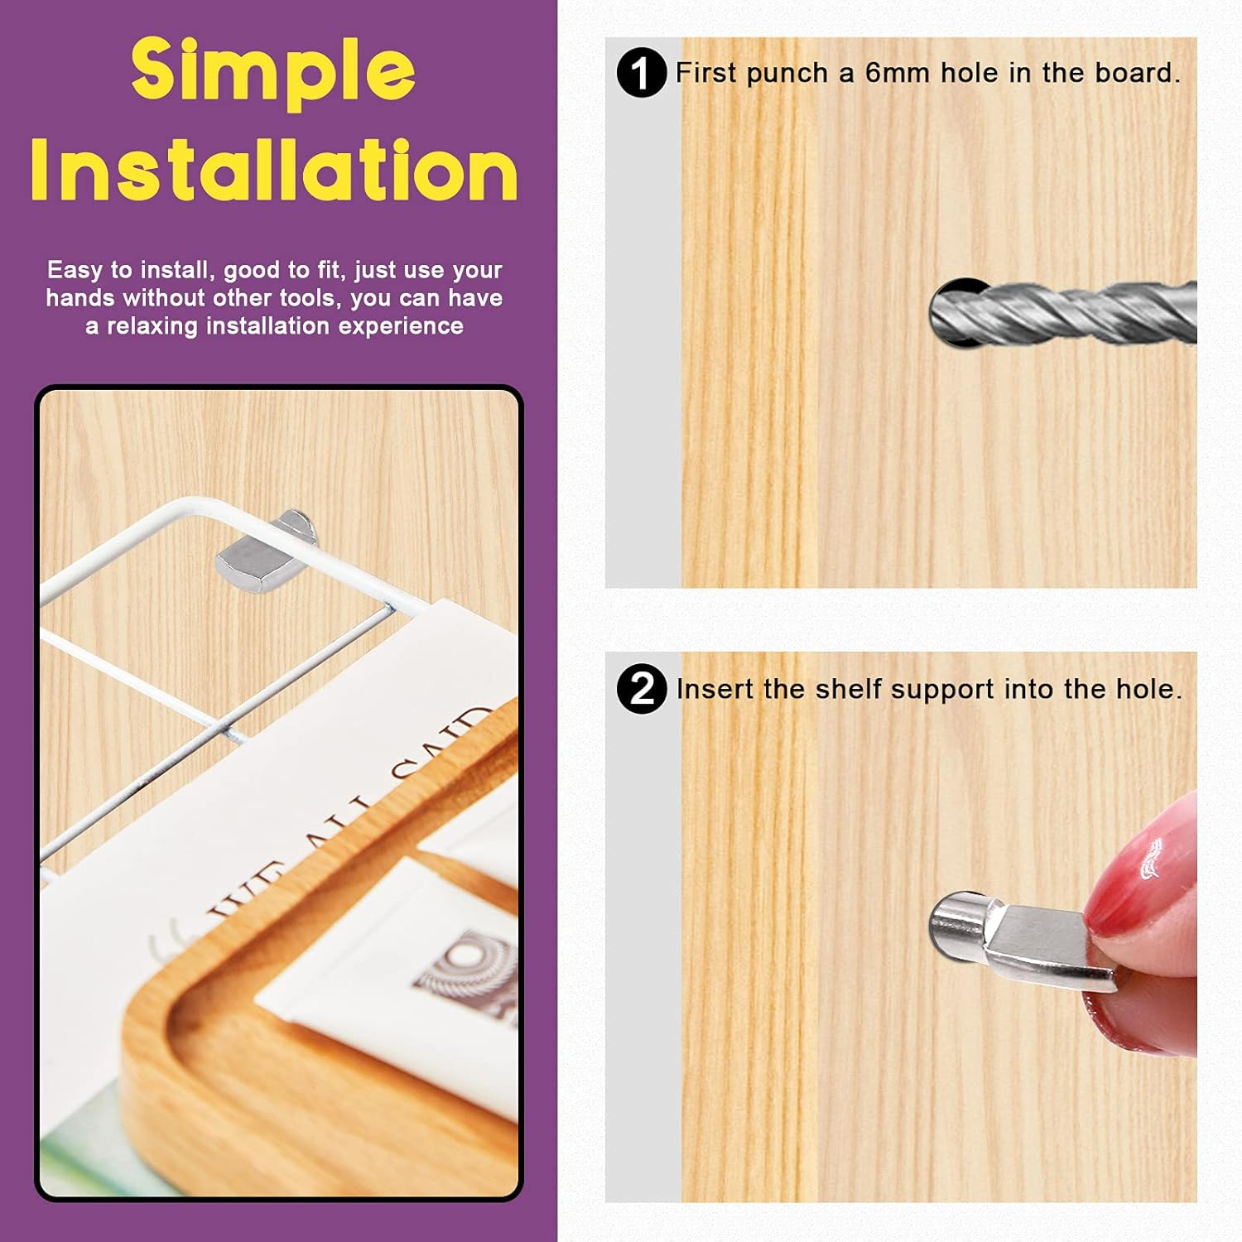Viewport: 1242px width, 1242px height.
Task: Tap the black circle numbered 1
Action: click(x=642, y=72)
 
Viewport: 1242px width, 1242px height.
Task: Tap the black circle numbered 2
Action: click(x=642, y=688)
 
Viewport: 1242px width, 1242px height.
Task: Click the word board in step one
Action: click(x=1137, y=73)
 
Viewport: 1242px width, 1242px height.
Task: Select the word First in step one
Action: click(x=705, y=73)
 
